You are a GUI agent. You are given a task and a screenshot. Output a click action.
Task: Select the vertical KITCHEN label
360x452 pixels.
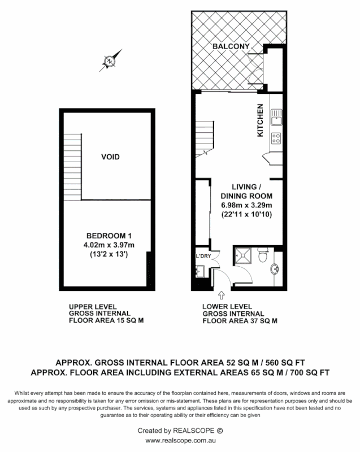[261, 121]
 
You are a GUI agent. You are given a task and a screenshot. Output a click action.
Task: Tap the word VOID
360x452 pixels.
[110, 157]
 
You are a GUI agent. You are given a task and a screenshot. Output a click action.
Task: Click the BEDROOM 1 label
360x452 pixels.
[109, 236]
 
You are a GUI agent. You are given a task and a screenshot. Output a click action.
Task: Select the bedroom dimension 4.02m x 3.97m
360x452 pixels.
[110, 245]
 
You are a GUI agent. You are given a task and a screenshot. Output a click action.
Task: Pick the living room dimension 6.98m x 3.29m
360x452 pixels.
[246, 205]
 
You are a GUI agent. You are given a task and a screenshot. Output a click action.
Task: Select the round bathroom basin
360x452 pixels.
[275, 269]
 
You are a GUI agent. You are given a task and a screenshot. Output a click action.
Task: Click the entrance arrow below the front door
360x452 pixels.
[221, 295]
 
